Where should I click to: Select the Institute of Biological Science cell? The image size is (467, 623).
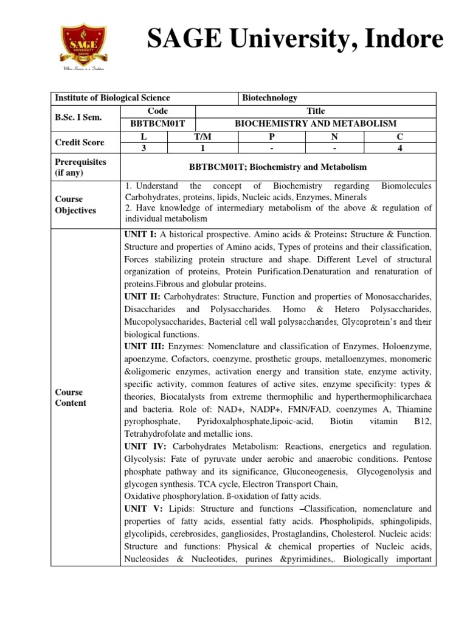click(x=112, y=98)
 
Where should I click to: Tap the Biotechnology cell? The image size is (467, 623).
click(x=269, y=98)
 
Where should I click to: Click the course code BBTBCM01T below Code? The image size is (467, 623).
click(x=157, y=124)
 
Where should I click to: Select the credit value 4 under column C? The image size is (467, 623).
click(x=399, y=148)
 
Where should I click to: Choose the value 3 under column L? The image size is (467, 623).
click(x=143, y=148)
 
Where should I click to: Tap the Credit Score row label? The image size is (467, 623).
click(x=79, y=142)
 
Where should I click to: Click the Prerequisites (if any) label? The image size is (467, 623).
click(x=80, y=167)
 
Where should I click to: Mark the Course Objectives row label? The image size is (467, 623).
click(x=75, y=204)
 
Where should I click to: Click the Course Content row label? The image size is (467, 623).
click(x=70, y=397)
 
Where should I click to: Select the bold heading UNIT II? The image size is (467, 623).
click(x=142, y=296)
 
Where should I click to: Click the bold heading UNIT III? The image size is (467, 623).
click(x=144, y=346)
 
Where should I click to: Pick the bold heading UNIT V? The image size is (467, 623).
click(x=143, y=509)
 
